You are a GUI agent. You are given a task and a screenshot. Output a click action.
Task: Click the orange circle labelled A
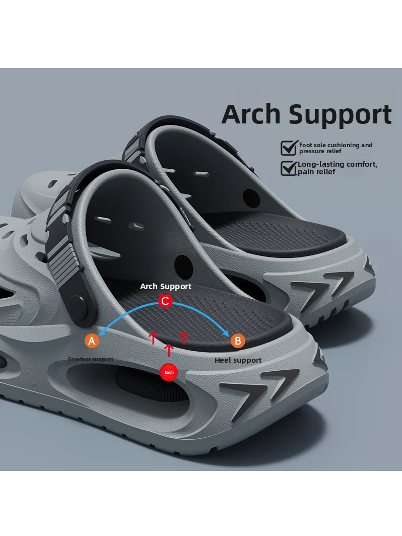click(92, 341)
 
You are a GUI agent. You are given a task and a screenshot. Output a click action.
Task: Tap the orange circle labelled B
click(238, 341)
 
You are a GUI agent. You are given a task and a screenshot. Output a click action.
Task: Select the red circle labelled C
click(165, 301)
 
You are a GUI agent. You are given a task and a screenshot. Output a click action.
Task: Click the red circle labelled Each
click(169, 372)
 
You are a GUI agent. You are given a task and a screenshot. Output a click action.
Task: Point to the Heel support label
click(238, 360)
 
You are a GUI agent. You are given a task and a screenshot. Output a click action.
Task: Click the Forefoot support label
click(91, 359)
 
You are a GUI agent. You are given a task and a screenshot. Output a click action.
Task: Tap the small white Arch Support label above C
click(165, 287)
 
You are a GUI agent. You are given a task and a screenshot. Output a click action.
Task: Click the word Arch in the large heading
click(251, 114)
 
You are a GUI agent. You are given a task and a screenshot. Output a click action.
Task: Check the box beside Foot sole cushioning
click(289, 148)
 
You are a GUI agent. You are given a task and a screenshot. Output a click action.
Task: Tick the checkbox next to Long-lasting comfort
click(289, 168)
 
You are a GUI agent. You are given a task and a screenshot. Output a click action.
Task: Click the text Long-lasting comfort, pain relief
click(338, 168)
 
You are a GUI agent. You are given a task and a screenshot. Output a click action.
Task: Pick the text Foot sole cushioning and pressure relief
click(336, 148)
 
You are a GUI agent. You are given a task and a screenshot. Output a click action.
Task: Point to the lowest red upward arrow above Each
click(169, 350)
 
